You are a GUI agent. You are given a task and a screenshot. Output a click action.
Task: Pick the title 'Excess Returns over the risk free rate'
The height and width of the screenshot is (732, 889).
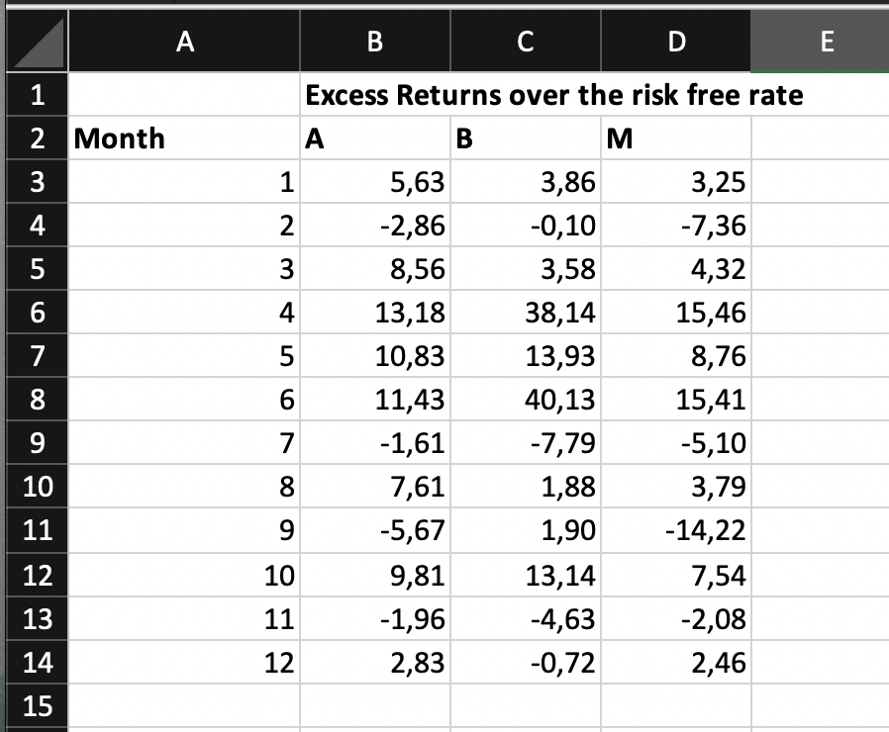tap(554, 96)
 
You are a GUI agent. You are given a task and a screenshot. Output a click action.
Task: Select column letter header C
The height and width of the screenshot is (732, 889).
tap(526, 42)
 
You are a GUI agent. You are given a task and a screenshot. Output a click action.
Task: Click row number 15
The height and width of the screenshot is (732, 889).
tap(37, 705)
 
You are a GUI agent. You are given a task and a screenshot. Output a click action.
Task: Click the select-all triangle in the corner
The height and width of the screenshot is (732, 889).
tap(35, 42)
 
